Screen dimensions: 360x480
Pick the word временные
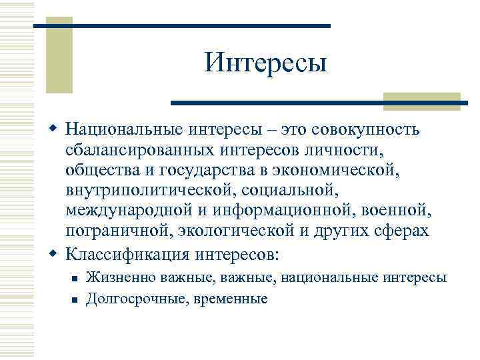point(231,299)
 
